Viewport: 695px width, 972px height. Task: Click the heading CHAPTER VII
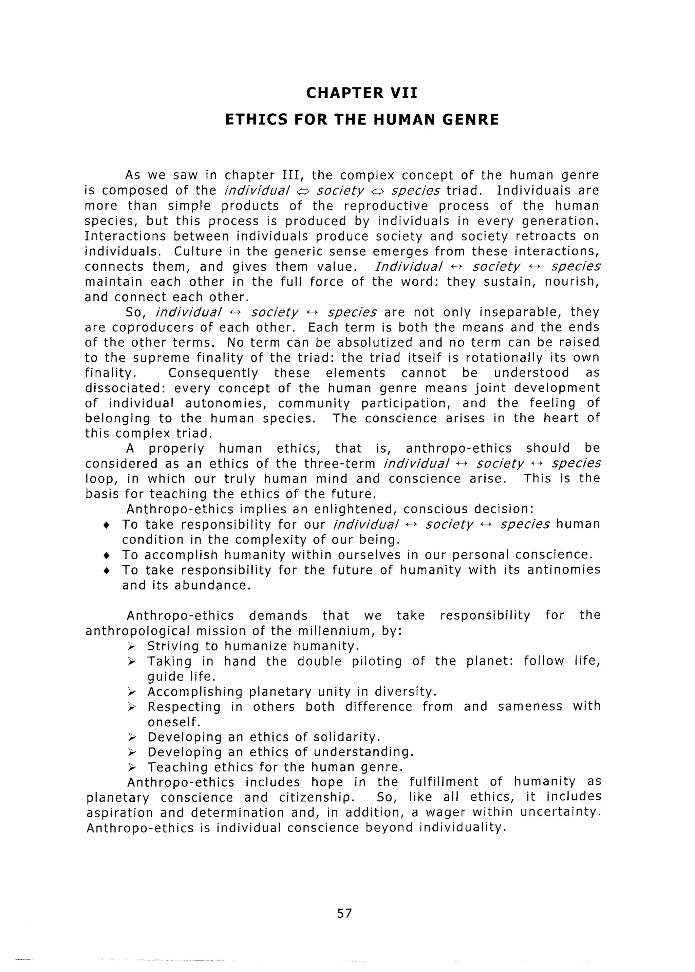pos(362,93)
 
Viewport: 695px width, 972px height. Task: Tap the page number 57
pos(344,913)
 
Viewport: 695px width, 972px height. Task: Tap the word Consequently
pos(213,373)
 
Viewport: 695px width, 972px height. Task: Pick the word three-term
pos(339,463)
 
